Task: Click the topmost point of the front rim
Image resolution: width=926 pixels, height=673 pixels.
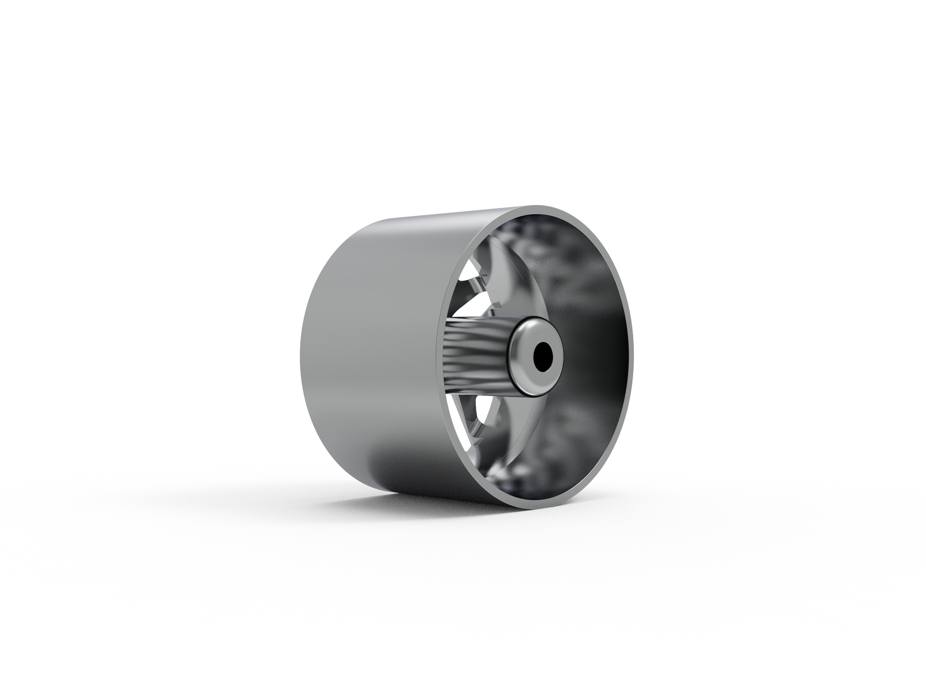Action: [x=547, y=206]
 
